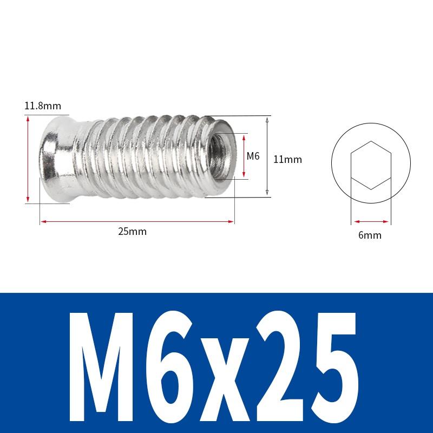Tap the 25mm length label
pos(133,232)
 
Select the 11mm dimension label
pos(287,160)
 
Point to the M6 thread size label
pos(253,156)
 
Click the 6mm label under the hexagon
pos(370,235)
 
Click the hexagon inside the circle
pos(371,165)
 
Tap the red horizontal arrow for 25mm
pos(137,221)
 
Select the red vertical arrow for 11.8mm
pos(28,159)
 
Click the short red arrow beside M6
pos(244,156)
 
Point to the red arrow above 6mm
pos(371,221)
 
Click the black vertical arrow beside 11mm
pos(267,156)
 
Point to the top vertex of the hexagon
pos(371,142)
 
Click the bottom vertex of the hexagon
pos(371,189)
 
